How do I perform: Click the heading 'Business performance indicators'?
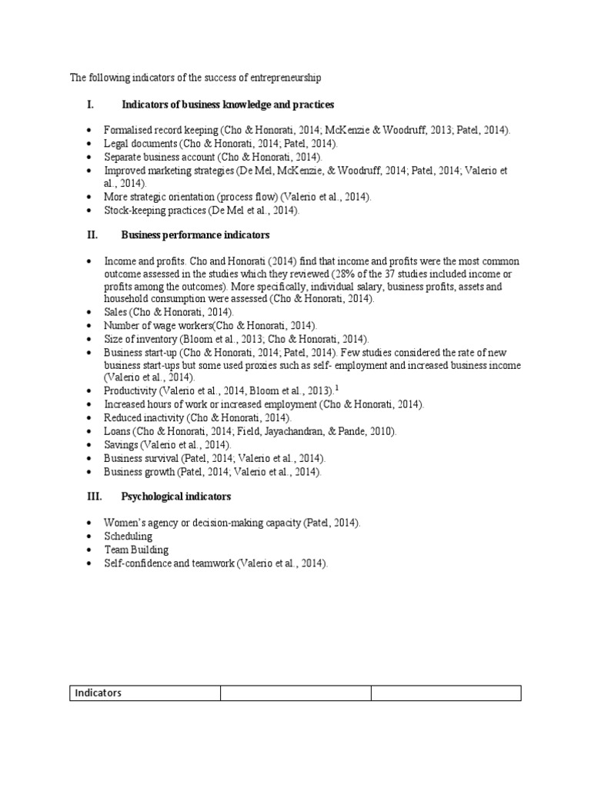pos(195,234)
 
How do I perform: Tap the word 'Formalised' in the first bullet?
pos(129,131)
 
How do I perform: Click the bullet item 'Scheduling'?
pos(129,536)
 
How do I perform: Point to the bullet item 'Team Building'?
pos(136,550)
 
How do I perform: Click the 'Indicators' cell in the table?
pos(98,693)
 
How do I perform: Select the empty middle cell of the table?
pos(295,693)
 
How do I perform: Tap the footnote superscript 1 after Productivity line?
pos(336,388)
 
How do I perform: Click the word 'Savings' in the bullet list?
pos(122,444)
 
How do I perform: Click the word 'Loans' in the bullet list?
pos(119,431)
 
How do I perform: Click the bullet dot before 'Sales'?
pos(90,312)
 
